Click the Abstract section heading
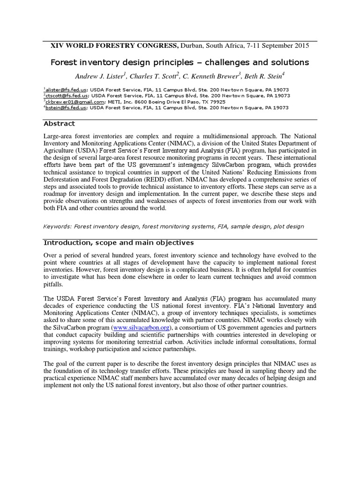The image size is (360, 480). [59, 124]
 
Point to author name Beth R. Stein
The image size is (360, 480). [264, 76]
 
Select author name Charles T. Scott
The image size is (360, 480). [151, 76]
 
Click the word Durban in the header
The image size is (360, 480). [192, 45]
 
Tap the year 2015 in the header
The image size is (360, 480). [300, 45]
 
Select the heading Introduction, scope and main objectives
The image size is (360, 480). [119, 242]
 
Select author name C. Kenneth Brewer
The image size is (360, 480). [210, 76]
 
